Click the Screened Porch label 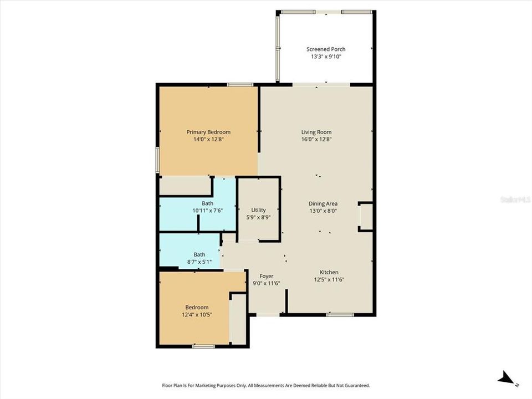pyautogui.click(x=326, y=49)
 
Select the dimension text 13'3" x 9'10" pyautogui.click(x=326, y=57)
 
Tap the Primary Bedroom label pyautogui.click(x=208, y=132)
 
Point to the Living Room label pyautogui.click(x=316, y=132)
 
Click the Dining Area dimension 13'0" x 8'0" pyautogui.click(x=323, y=211)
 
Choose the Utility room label pyautogui.click(x=258, y=210)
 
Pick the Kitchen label pyautogui.click(x=329, y=272)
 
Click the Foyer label pyautogui.click(x=267, y=276)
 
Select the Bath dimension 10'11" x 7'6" pyautogui.click(x=207, y=211)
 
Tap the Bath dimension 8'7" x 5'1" pyautogui.click(x=199, y=262)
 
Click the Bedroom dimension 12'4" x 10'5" pyautogui.click(x=197, y=315)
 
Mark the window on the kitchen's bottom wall pyautogui.click(x=340, y=315)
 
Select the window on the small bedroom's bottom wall pyautogui.click(x=203, y=346)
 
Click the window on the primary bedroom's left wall pyautogui.click(x=157, y=160)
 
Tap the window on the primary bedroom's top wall pyautogui.click(x=240, y=84)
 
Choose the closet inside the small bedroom pyautogui.click(x=238, y=319)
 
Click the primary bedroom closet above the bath pyautogui.click(x=185, y=186)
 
